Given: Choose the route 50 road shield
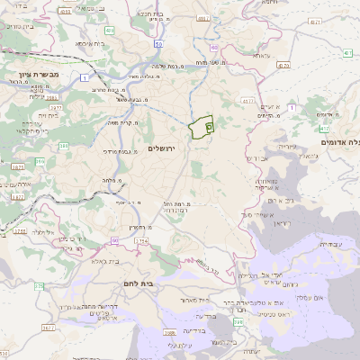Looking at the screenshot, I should click(158, 43).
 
